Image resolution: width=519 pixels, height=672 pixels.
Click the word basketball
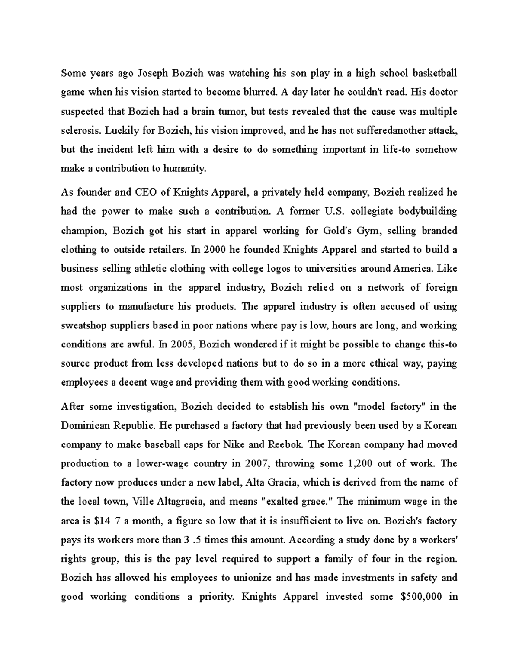(434, 73)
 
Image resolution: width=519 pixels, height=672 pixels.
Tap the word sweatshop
(82, 325)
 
